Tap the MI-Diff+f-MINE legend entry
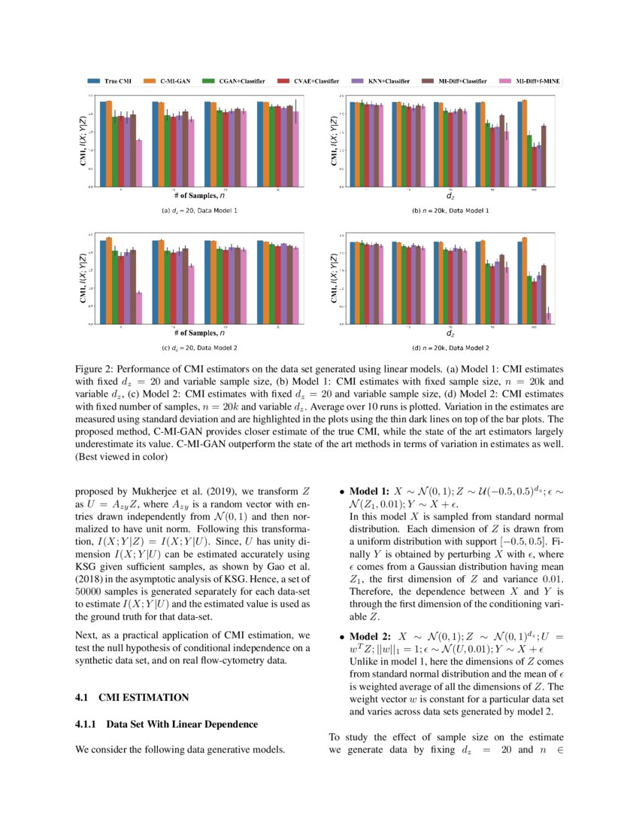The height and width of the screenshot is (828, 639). [x=537, y=80]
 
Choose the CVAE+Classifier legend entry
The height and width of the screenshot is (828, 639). [x=313, y=80]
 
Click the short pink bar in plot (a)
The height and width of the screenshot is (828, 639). [x=138, y=163]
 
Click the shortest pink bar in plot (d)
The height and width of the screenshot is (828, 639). [x=548, y=318]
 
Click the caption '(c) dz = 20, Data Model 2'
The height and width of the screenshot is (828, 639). [x=199, y=349]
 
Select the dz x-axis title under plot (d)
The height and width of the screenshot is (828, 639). [x=450, y=333]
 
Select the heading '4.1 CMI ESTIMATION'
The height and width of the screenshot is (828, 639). [x=127, y=698]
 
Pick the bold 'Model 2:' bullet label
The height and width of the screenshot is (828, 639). [x=371, y=636]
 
